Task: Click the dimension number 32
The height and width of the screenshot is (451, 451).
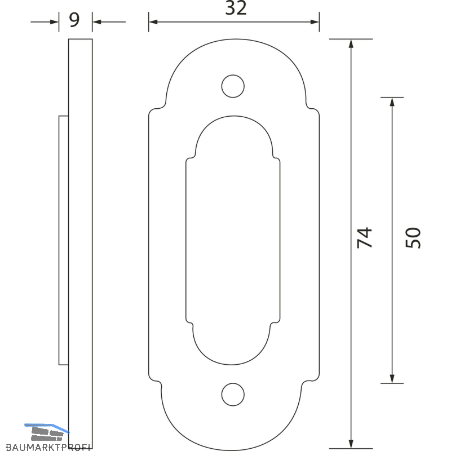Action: coord(236,8)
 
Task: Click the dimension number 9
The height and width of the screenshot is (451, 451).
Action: coord(74,20)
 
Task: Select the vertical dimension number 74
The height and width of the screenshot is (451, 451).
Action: coord(364,237)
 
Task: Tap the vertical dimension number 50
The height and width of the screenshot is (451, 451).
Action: coord(413,237)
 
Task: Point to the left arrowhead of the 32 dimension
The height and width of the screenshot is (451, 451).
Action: coord(153,22)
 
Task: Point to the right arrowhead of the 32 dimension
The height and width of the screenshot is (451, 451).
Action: coord(315,22)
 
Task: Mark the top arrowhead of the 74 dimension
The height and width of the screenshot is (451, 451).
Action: coord(351,43)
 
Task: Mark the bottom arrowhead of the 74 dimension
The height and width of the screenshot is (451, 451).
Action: coord(351,444)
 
